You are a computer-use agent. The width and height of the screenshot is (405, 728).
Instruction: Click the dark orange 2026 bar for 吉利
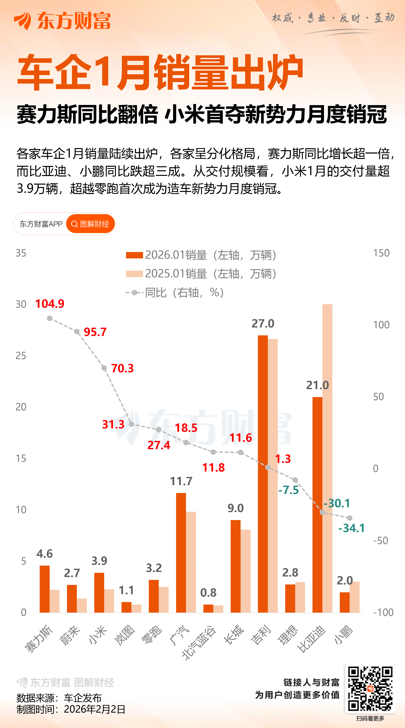(x=263, y=475)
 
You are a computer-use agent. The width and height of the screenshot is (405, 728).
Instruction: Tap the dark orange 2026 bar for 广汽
(x=181, y=554)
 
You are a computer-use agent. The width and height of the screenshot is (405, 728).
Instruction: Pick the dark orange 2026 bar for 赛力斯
(x=45, y=589)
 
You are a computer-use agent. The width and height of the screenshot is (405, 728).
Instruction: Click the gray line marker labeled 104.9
(x=50, y=319)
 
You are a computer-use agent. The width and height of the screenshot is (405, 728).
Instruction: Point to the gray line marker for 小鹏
(x=350, y=518)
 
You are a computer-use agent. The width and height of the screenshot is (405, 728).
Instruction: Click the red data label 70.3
(x=122, y=368)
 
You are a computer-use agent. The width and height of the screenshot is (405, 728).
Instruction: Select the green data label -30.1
(x=337, y=503)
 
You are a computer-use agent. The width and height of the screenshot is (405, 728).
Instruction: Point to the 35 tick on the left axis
(x=21, y=253)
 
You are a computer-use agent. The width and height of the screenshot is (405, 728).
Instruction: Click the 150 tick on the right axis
(x=381, y=253)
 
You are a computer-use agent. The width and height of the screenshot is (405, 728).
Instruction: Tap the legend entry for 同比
(x=175, y=292)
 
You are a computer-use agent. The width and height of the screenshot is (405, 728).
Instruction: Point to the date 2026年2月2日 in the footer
(x=95, y=709)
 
